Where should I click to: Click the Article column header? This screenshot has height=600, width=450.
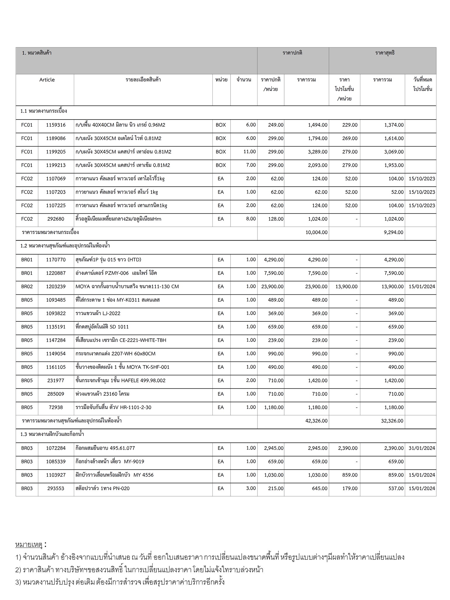coord(47,80)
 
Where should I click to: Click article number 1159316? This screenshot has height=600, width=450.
coord(56,125)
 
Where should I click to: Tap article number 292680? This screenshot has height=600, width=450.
coord(56,219)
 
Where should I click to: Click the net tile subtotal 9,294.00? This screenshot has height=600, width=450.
coord(393,232)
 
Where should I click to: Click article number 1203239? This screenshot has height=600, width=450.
coord(56,287)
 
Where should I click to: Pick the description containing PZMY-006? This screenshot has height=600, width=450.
coord(116,273)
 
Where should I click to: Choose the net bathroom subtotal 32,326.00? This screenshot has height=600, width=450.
coord(392,421)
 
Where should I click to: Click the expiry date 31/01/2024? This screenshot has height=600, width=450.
coord(422,448)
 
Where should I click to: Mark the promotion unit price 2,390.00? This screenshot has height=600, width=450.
coord(347,448)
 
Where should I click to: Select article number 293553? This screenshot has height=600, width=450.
coord(56,488)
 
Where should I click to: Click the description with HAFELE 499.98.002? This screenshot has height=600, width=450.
coord(120,381)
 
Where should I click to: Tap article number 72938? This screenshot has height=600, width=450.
coord(56,407)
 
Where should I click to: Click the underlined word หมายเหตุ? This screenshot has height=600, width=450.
coord(29,545)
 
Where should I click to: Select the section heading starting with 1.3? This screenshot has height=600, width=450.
coord(52,434)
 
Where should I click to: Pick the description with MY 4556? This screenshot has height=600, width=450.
coord(114,475)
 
